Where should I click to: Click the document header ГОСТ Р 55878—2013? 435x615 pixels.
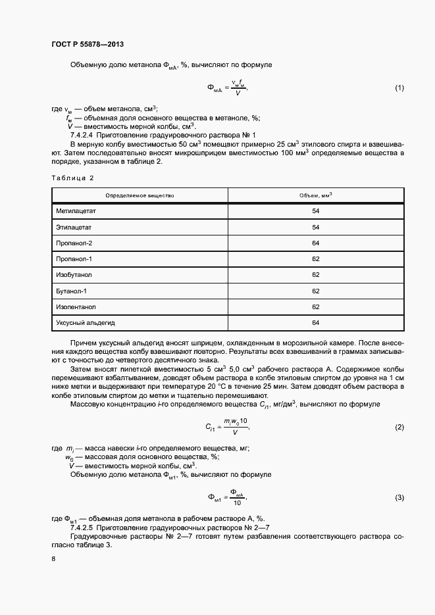88,44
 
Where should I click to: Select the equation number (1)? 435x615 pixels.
399,88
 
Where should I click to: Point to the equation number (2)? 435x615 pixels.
399,428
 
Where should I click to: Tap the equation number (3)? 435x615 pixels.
399,497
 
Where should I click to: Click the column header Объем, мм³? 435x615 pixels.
315,195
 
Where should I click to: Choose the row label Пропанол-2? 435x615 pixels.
74,243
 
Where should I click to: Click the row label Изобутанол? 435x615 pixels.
74,274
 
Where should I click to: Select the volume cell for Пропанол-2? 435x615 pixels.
315,243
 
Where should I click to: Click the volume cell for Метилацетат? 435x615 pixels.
315,210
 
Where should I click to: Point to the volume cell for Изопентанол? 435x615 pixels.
315,307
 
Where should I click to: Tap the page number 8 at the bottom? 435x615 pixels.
53,558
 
